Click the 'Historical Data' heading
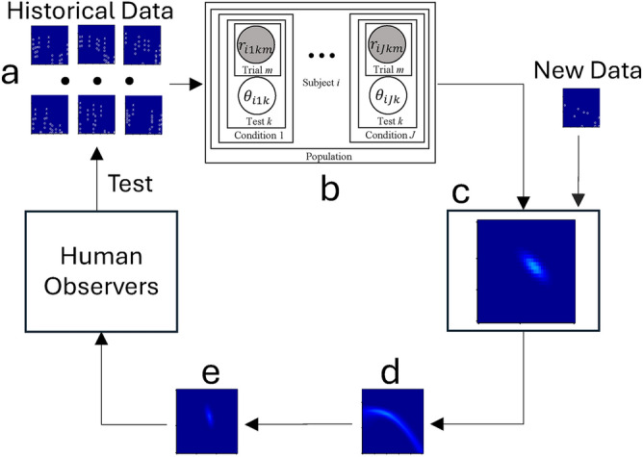point(85,13)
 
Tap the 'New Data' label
point(579,70)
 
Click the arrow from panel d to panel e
point(299,420)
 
